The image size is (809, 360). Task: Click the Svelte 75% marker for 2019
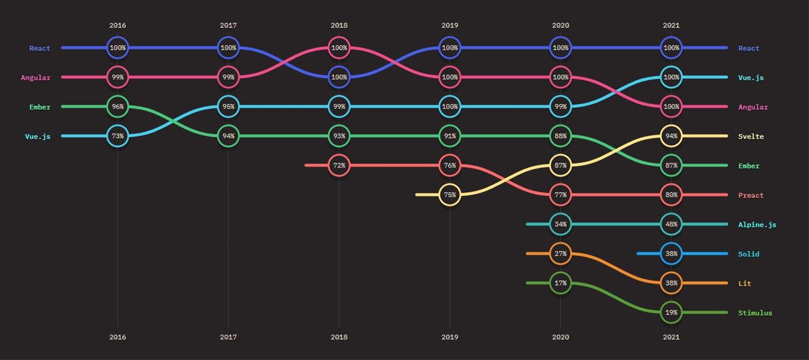tap(450, 195)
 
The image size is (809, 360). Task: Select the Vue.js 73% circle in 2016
tap(117, 136)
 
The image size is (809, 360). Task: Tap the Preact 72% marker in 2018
tap(339, 165)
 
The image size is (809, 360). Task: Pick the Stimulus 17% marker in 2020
tap(560, 283)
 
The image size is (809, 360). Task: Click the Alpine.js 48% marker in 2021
tap(671, 224)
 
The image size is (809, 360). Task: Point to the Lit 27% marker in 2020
tap(560, 253)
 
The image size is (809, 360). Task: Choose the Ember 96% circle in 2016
tap(117, 107)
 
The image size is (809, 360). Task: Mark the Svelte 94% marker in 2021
tap(671, 136)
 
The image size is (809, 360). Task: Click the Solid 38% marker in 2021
tap(671, 253)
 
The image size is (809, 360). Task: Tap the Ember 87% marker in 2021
tap(671, 165)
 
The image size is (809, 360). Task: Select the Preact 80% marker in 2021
tap(671, 195)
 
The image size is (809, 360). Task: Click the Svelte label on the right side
tap(751, 137)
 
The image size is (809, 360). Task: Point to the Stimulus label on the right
tap(755, 313)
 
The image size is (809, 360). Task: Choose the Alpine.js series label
tap(757, 225)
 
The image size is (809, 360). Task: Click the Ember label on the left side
tap(40, 107)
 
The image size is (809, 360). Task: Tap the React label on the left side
tap(40, 48)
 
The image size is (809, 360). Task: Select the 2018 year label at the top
tap(339, 25)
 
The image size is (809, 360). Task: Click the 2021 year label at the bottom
tap(671, 337)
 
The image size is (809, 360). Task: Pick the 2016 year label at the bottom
tap(117, 337)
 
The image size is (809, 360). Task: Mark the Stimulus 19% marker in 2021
tap(671, 313)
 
